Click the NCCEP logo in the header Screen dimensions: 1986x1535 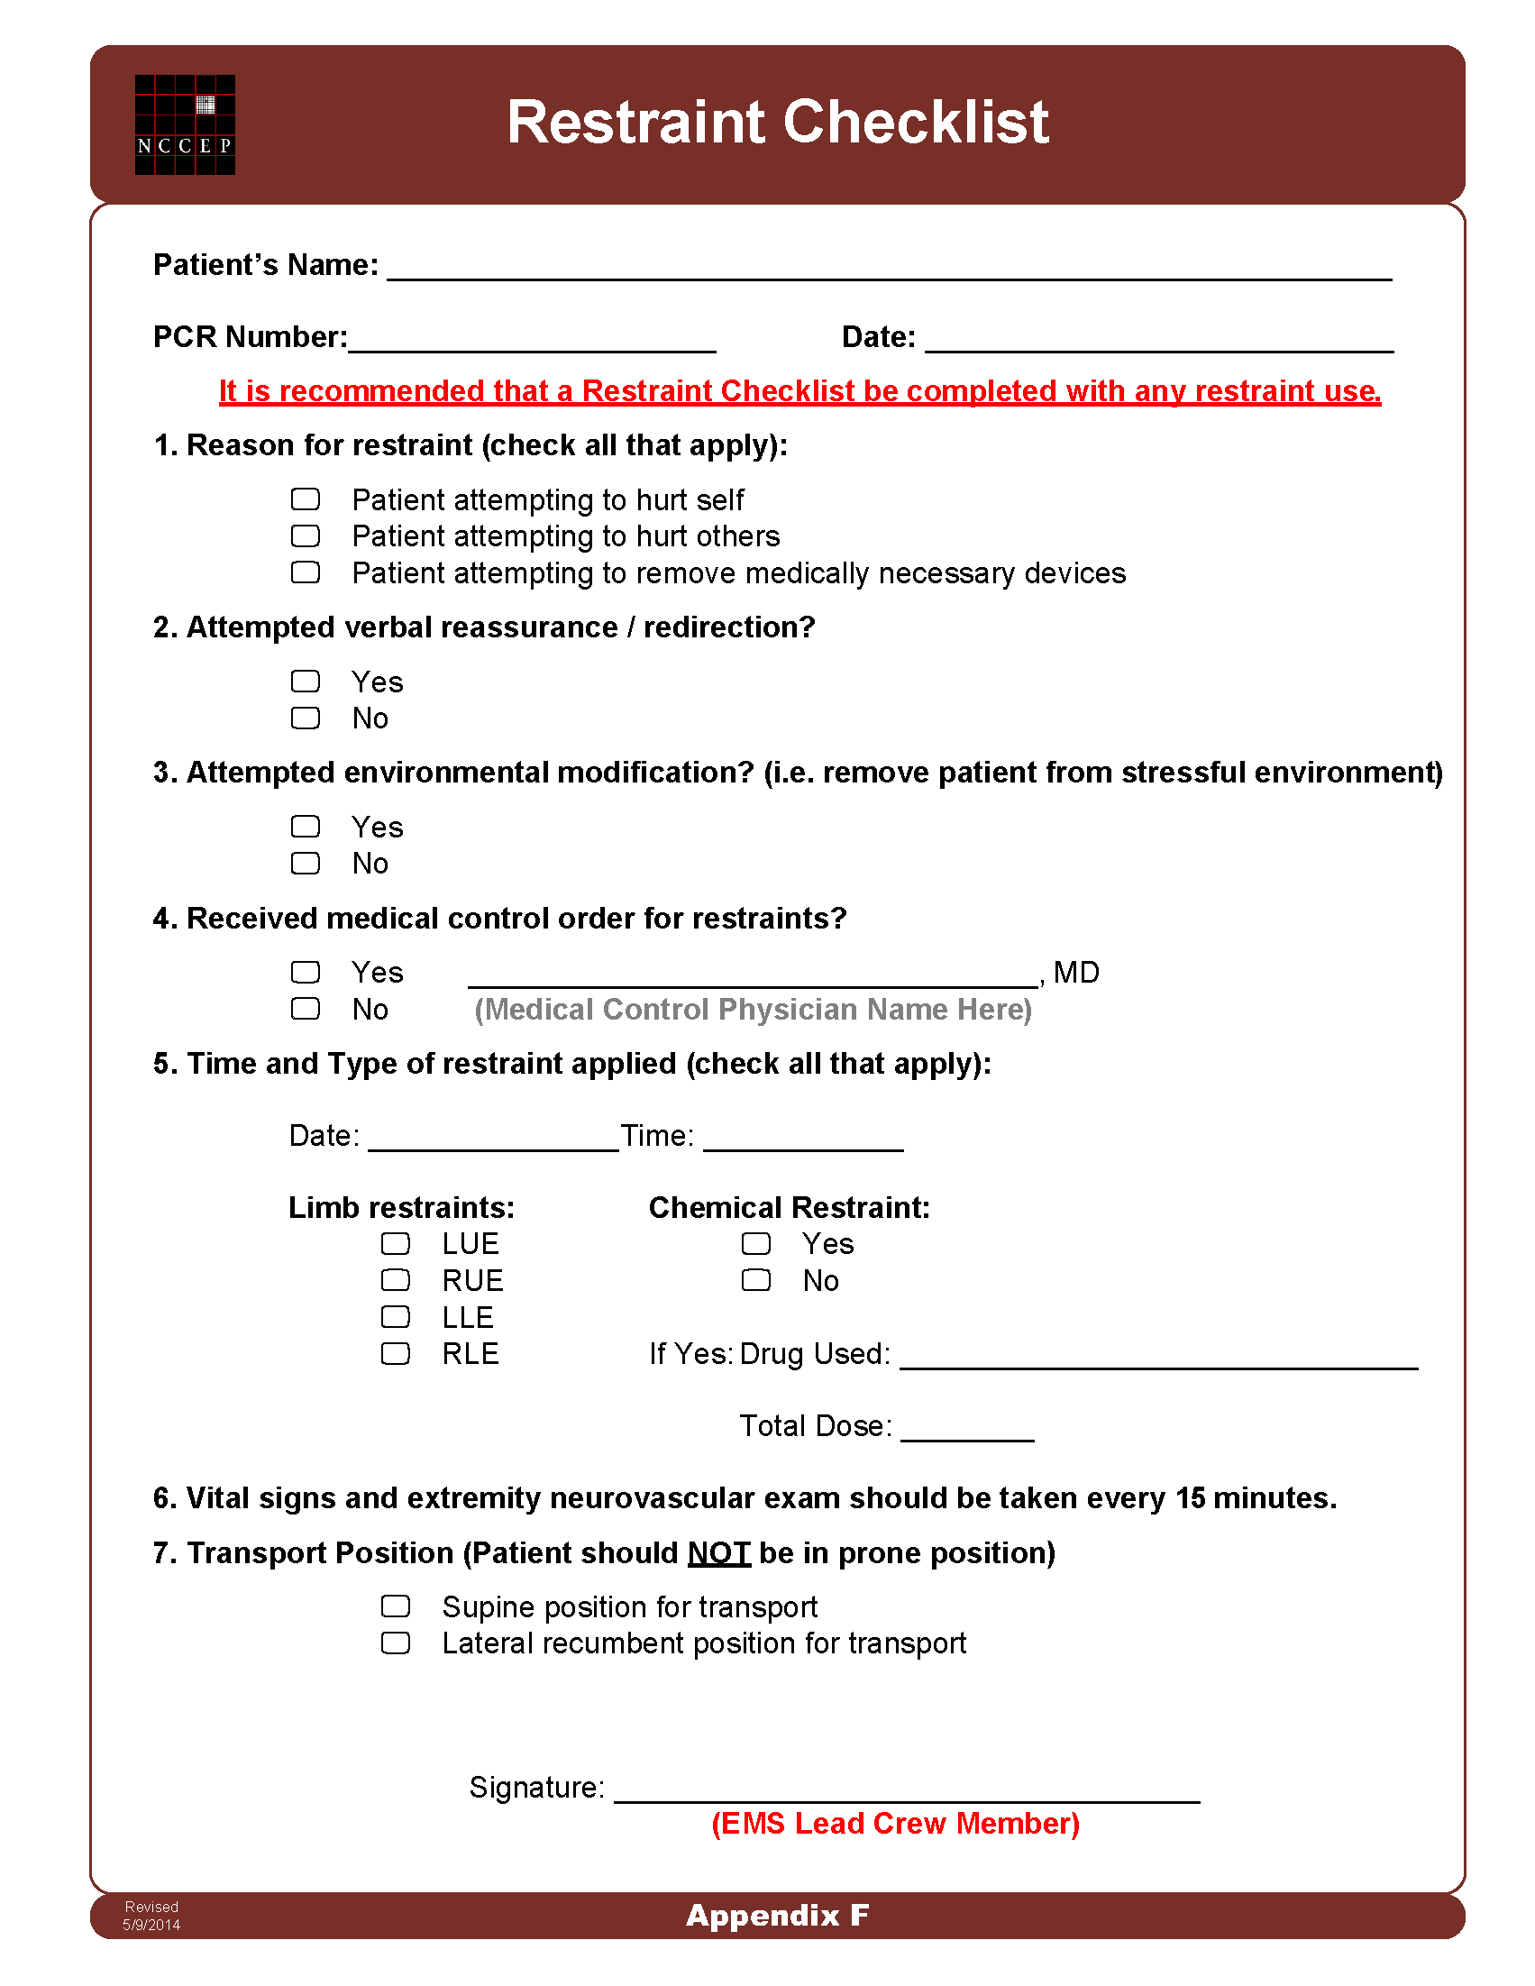tap(185, 124)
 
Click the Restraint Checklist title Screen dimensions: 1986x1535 tap(778, 122)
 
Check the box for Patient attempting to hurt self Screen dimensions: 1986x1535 tap(306, 499)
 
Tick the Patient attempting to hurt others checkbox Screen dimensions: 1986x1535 tap(306, 536)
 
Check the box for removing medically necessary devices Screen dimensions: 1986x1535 tap(306, 572)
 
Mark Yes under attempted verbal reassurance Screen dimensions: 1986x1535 tap(306, 682)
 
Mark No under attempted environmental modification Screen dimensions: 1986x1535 tap(306, 863)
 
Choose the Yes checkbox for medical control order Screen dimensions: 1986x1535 tap(306, 972)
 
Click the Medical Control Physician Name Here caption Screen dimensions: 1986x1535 tap(753, 1010)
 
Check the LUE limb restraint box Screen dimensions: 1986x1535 tap(396, 1243)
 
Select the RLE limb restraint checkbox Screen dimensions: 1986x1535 tap(396, 1353)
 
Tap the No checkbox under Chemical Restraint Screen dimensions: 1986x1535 tap(755, 1280)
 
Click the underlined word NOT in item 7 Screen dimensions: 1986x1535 tap(718, 1553)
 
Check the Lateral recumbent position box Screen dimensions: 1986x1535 tap(396, 1643)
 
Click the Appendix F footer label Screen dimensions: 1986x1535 tap(778, 1915)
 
